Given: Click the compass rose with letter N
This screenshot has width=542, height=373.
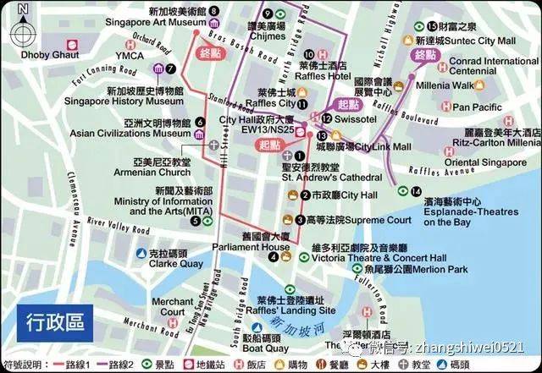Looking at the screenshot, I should coord(23,32).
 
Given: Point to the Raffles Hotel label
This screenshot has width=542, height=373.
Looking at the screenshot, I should coord(323,75).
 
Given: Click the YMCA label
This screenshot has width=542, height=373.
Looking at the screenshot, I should coord(130,56).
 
